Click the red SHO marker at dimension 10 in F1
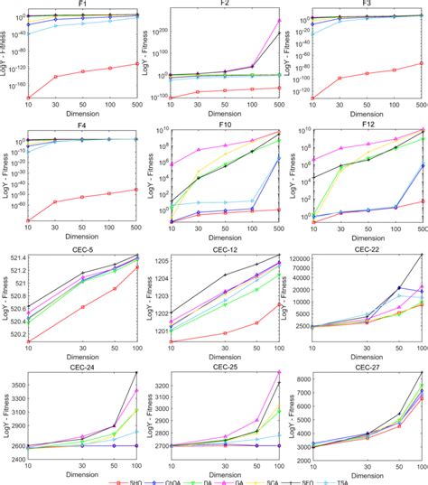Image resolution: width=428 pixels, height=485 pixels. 28,98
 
